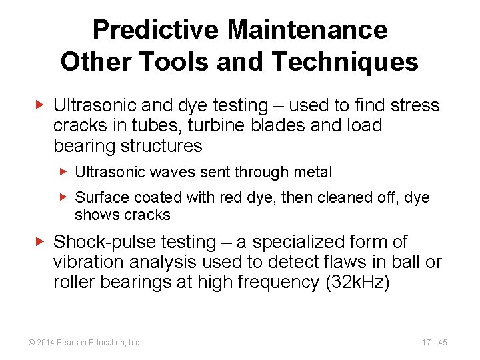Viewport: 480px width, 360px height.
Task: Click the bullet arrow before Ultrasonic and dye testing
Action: click(x=41, y=105)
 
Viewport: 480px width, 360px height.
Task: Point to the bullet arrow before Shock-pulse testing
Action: click(x=41, y=242)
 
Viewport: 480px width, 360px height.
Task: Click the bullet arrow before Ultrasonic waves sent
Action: click(x=64, y=172)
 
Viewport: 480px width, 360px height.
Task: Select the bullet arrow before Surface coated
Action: click(x=64, y=197)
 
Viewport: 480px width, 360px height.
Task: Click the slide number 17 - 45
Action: click(x=435, y=343)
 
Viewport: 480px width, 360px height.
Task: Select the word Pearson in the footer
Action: click(x=72, y=343)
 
